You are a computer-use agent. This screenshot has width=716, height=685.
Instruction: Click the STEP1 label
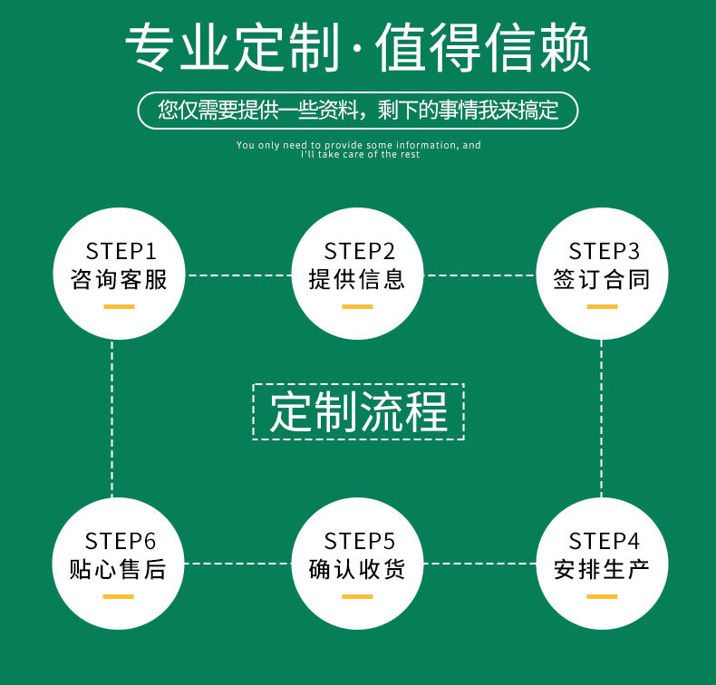pyautogui.click(x=121, y=251)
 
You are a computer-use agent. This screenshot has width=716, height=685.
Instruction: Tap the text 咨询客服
pyautogui.click(x=120, y=280)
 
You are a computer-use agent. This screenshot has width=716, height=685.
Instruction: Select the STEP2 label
pyautogui.click(x=360, y=251)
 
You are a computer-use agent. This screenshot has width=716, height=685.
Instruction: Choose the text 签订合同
pyautogui.click(x=602, y=280)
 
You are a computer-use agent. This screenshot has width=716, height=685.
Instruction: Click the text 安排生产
pyautogui.click(x=602, y=570)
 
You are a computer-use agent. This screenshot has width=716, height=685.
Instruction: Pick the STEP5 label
pyautogui.click(x=360, y=542)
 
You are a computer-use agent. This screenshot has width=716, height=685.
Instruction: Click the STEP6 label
pyautogui.click(x=121, y=542)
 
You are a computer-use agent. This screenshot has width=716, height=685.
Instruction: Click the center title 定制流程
pyautogui.click(x=359, y=412)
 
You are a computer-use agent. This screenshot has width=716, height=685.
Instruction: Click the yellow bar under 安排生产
pyautogui.click(x=602, y=596)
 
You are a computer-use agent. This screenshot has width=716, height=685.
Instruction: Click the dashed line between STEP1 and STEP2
pyautogui.click(x=240, y=275)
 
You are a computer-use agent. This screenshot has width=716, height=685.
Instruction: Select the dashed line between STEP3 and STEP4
pyautogui.click(x=601, y=417)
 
